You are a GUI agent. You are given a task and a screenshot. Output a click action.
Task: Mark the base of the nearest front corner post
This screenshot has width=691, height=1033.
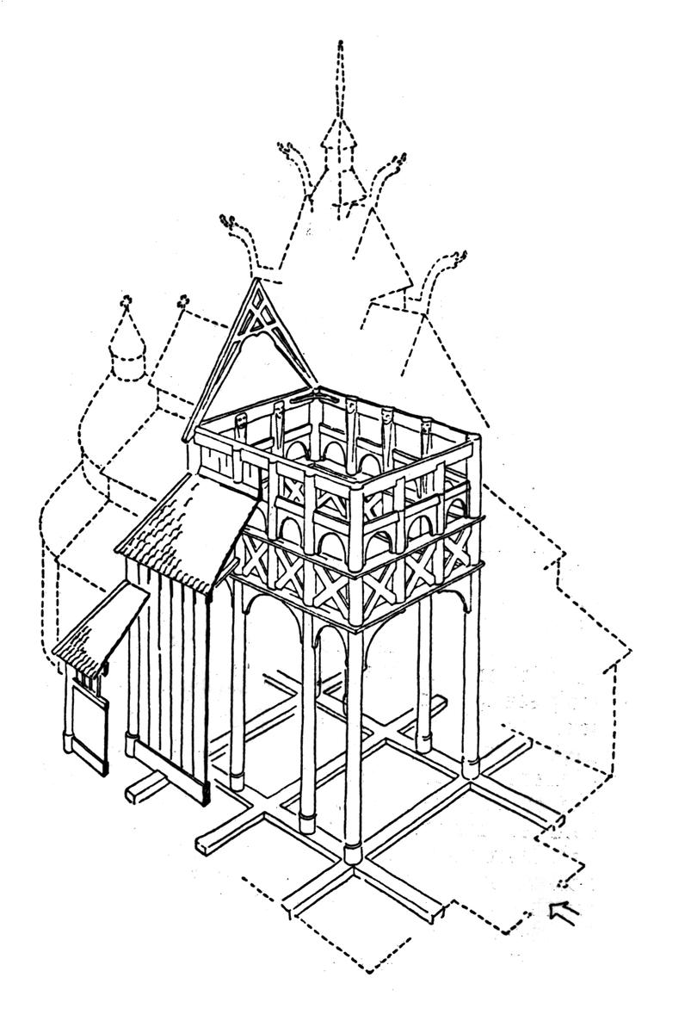tap(354, 853)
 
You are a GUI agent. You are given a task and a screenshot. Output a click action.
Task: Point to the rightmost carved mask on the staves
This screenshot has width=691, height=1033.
tap(426, 428)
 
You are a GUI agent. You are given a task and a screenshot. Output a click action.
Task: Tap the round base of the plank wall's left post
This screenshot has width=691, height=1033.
tap(131, 743)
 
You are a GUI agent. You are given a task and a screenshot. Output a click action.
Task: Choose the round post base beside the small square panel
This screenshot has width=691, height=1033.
tap(69, 741)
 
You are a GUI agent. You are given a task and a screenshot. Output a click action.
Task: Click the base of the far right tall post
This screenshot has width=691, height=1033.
tap(471, 765)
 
